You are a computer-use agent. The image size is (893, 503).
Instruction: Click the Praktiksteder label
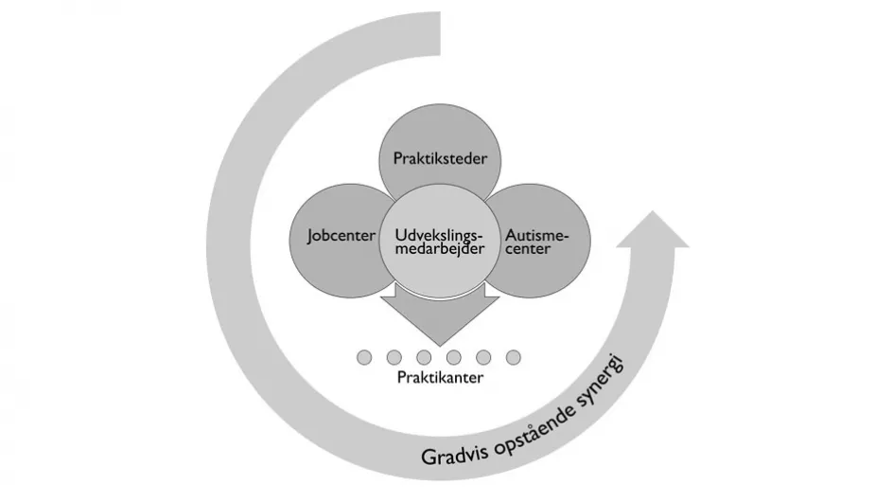(x=440, y=158)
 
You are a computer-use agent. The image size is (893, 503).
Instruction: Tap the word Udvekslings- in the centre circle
(x=438, y=234)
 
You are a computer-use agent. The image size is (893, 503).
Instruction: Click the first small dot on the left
(x=364, y=357)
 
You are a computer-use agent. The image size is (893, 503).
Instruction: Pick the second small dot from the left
(x=394, y=357)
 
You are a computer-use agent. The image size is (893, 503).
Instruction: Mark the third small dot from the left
(x=424, y=357)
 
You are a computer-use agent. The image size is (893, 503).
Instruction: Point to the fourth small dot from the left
(x=454, y=357)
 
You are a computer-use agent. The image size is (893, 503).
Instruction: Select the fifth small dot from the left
(x=483, y=357)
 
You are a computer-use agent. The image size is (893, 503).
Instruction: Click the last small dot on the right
(x=514, y=357)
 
